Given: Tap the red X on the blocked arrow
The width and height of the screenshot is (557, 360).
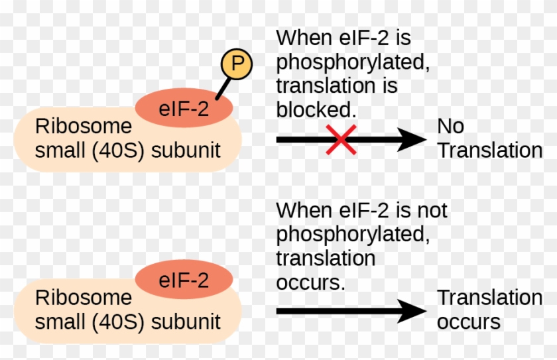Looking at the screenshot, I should pyautogui.click(x=341, y=139).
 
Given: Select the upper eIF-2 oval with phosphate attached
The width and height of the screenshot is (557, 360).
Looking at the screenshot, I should pyautogui.click(x=184, y=109).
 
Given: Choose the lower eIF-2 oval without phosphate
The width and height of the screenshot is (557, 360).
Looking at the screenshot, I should pyautogui.click(x=184, y=280).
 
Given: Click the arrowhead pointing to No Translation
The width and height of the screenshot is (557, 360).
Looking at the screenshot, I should pyautogui.click(x=414, y=139).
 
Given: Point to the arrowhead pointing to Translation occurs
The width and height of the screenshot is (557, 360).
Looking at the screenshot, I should pyautogui.click(x=414, y=310).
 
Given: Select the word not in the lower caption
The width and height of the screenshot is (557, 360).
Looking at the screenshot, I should pyautogui.click(x=432, y=211).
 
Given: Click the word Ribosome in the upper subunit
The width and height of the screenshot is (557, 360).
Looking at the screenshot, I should pyautogui.click(x=84, y=126).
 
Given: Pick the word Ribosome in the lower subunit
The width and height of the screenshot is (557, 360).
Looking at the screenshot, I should pyautogui.click(x=84, y=297).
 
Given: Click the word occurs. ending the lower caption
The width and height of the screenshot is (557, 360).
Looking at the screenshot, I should pyautogui.click(x=311, y=282).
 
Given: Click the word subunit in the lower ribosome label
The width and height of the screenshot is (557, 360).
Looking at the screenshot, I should pyautogui.click(x=186, y=322).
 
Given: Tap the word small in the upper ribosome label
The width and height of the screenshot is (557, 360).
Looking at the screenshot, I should pyautogui.click(x=56, y=150).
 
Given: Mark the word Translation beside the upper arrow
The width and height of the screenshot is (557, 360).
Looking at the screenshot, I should pyautogui.click(x=489, y=151).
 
